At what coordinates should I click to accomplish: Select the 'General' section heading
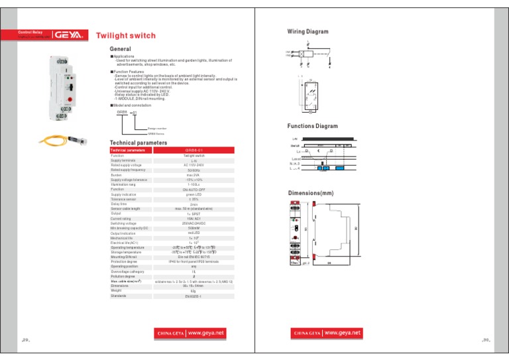click(x=121, y=49)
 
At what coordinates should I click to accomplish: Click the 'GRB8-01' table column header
click(x=195, y=150)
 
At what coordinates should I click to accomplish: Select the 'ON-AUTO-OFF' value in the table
click(x=195, y=189)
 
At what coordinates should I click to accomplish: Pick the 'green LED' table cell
click(x=195, y=194)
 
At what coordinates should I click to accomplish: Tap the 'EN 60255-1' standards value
click(x=195, y=306)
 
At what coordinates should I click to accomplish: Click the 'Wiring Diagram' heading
click(x=309, y=31)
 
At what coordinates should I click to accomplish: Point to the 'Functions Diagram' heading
click(x=313, y=126)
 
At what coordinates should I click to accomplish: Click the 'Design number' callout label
click(x=157, y=127)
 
